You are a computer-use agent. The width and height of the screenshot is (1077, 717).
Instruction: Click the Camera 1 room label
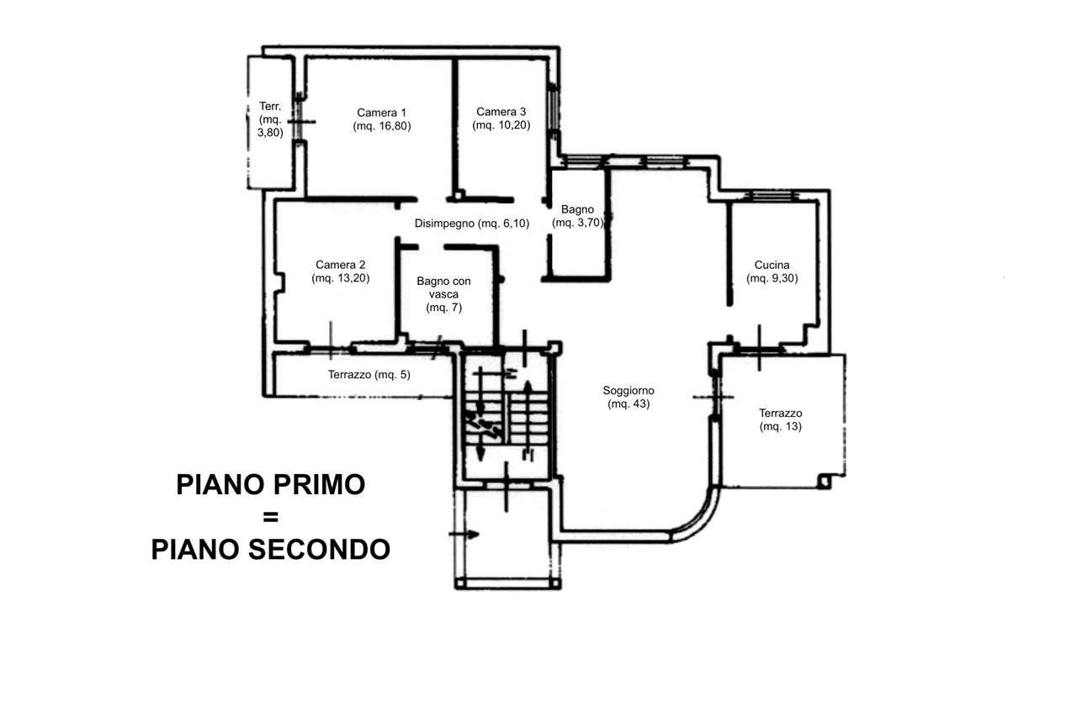[382, 119]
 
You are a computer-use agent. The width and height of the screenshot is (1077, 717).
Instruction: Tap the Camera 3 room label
[501, 119]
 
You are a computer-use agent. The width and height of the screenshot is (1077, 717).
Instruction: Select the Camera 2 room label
[341, 272]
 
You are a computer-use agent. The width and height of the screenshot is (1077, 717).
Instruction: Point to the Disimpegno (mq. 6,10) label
[472, 224]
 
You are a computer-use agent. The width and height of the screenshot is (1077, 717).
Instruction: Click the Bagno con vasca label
[443, 294]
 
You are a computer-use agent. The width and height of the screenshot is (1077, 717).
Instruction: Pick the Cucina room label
[772, 272]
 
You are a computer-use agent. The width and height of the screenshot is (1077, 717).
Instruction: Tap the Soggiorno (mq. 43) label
[629, 397]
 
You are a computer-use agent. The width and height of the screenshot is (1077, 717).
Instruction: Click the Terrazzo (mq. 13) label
[780, 419]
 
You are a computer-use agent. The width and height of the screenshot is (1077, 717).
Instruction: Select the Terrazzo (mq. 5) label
[369, 375]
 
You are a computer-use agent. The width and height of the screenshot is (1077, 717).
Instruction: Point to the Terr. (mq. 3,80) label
[270, 119]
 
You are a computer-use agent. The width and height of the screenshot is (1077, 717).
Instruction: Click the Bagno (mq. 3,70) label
[577, 216]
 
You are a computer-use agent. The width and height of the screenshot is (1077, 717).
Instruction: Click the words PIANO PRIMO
[271, 484]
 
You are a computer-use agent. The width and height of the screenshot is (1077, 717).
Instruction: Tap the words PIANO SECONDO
[271, 550]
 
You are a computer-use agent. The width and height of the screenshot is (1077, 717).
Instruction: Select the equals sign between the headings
[271, 517]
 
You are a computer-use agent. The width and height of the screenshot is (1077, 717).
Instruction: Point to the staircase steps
[507, 418]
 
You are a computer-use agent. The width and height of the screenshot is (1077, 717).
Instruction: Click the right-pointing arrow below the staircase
[464, 534]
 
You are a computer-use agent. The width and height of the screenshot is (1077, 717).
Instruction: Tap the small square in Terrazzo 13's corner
[825, 481]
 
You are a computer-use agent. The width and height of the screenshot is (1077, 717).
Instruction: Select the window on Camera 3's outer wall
[554, 108]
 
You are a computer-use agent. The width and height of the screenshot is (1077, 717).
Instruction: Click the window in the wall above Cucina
[772, 196]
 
